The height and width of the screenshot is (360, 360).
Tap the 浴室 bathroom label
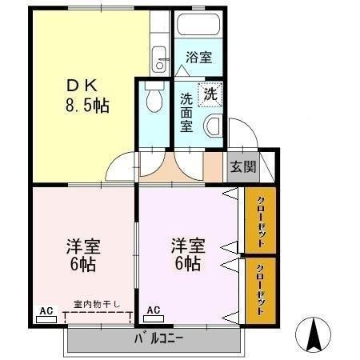[x=198, y=58]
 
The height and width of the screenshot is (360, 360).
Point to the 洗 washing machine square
[x=210, y=93]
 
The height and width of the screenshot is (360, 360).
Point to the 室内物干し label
[x=98, y=304]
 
